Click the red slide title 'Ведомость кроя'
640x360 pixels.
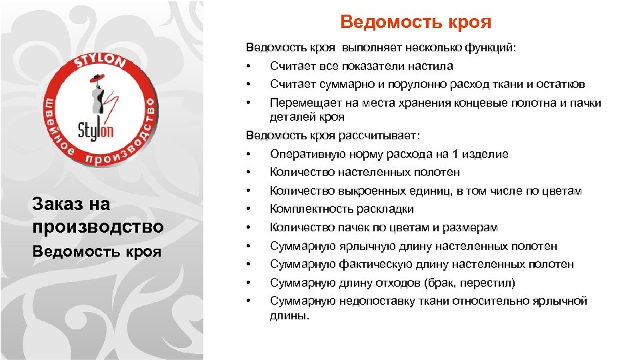pos(415,23)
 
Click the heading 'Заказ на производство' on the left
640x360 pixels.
pos(97,215)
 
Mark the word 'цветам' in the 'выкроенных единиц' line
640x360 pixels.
pos(562,191)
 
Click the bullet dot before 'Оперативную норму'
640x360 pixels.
pos(248,154)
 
